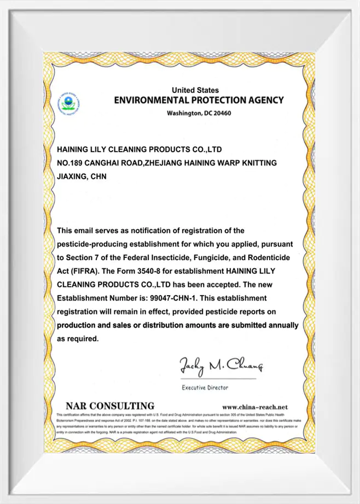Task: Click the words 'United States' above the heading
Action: coord(195,90)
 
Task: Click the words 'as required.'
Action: coord(78,339)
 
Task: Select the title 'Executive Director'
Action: coord(205,388)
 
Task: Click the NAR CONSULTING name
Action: coord(109,406)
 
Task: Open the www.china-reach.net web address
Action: coord(254,407)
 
